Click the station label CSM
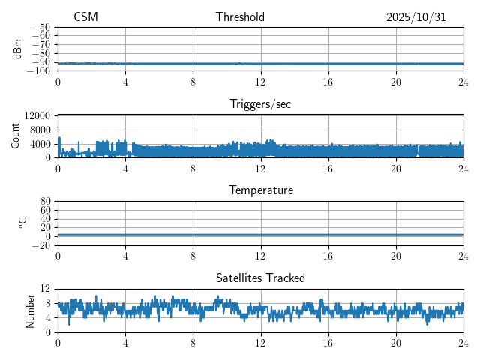click(x=85, y=17)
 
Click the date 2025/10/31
click(x=415, y=17)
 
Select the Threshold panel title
click(x=240, y=17)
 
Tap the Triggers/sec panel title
click(x=260, y=104)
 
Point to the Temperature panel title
click(x=260, y=190)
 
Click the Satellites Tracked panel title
click(x=260, y=277)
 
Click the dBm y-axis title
click(x=18, y=49)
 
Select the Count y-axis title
click(x=16, y=136)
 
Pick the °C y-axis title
click(x=22, y=223)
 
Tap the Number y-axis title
click(x=31, y=310)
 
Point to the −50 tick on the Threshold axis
click(x=40, y=27)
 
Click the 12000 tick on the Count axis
click(x=37, y=115)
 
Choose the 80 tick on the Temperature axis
click(x=45, y=202)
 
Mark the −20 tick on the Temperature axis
click(x=40, y=245)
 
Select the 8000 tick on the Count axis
click(x=40, y=130)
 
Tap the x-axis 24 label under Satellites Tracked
click(x=463, y=342)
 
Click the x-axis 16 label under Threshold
click(x=328, y=81)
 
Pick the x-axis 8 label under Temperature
click(x=193, y=255)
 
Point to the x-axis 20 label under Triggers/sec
click(x=395, y=168)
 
